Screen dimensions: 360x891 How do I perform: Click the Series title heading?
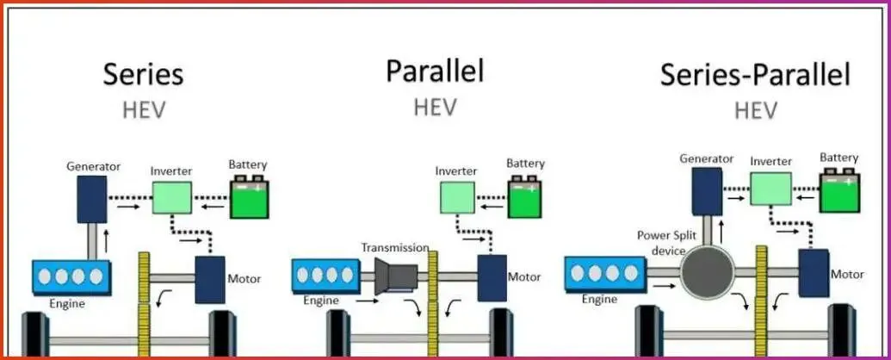click(x=143, y=74)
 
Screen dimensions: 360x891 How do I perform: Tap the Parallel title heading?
click(x=435, y=71)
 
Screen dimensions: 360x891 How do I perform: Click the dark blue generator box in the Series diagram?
click(x=90, y=197)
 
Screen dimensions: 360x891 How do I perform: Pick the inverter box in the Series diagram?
click(x=172, y=197)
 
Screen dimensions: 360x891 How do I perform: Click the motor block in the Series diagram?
click(x=210, y=279)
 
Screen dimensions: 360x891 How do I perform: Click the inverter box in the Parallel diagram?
click(x=456, y=198)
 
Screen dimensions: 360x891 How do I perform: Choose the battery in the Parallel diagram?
click(x=525, y=197)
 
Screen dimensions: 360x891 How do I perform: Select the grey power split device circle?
click(x=707, y=272)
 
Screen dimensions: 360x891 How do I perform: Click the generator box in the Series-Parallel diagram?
click(x=706, y=189)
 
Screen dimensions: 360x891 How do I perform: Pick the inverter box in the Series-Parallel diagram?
click(x=770, y=189)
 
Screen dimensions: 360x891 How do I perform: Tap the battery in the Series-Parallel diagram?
click(x=838, y=190)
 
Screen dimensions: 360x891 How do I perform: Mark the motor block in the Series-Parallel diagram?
click(x=813, y=274)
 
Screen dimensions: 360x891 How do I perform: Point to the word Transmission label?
click(x=395, y=247)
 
